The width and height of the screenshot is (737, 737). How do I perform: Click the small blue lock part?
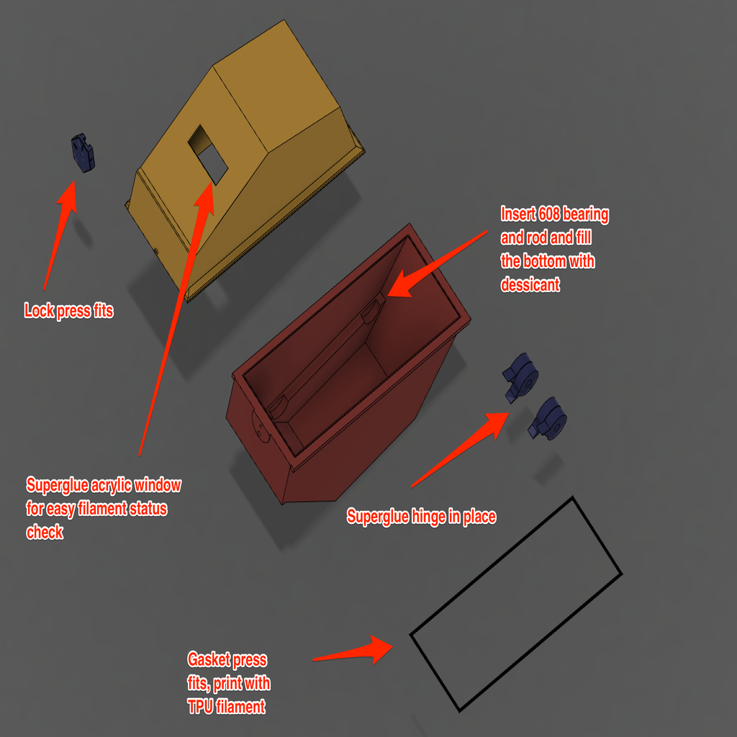83,153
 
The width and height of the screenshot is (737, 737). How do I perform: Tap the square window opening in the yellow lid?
208,155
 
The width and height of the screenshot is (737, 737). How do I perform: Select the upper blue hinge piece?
521,378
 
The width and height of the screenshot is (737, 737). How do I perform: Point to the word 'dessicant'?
530,284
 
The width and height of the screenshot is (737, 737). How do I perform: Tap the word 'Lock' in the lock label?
39,311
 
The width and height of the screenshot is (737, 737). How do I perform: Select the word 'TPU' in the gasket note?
200,707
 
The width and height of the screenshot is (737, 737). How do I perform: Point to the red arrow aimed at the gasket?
353,651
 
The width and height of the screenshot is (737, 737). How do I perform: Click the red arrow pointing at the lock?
59,235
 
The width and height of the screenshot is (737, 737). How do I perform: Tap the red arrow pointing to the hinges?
460,450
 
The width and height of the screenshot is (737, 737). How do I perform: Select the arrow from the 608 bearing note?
437,263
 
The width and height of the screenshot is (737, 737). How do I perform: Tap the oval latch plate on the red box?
260,426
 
